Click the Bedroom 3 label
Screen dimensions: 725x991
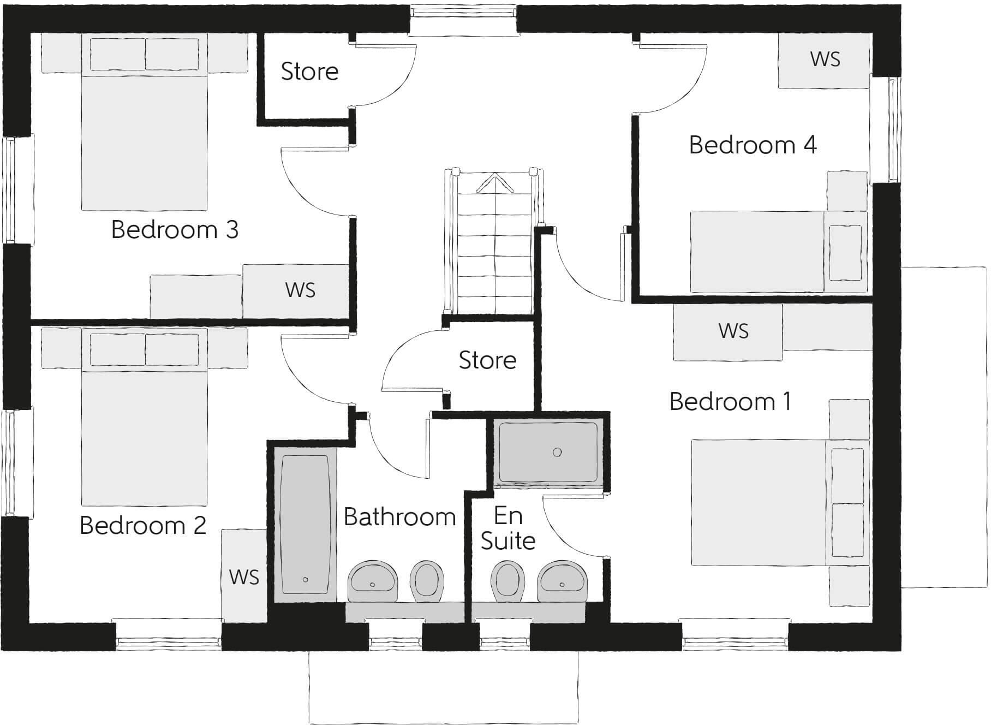(175, 230)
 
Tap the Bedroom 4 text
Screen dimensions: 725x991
(753, 145)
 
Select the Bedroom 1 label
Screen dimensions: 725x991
(730, 402)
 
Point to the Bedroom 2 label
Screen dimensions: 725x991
(143, 526)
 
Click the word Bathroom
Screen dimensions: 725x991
(399, 517)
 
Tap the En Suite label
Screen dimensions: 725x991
(508, 528)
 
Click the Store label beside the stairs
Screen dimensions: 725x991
(487, 360)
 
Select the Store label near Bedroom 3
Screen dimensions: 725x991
(309, 72)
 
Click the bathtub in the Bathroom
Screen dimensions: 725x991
(305, 524)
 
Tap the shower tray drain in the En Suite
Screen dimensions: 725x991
(557, 452)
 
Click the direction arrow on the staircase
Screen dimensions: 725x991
(495, 182)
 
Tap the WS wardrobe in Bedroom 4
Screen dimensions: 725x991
(825, 60)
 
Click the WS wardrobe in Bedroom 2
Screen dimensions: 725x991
(244, 577)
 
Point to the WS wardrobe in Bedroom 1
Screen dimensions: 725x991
(733, 331)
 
